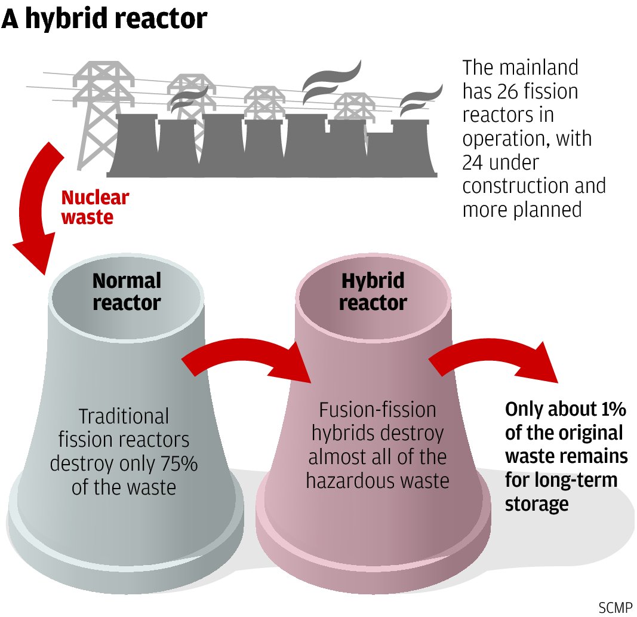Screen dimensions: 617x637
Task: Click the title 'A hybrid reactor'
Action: (104, 19)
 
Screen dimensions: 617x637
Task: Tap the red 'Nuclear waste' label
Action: (94, 207)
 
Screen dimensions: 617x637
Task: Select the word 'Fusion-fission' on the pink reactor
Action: (377, 410)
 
